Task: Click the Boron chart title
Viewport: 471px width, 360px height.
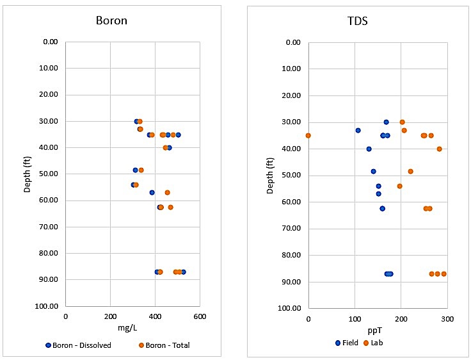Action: tap(111, 20)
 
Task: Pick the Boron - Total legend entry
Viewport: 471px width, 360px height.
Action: tap(164, 345)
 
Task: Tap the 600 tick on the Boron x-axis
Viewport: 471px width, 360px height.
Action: tap(200, 316)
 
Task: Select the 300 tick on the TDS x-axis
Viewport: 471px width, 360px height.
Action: tap(447, 318)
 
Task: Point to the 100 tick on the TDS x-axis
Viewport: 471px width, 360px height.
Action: tap(355, 318)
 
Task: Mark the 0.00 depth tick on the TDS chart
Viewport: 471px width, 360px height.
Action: tap(292, 42)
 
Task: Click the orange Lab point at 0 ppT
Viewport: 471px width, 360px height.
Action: tap(308, 135)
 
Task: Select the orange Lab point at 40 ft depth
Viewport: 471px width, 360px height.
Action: tap(439, 149)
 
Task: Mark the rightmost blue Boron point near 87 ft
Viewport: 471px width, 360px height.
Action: tap(183, 272)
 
